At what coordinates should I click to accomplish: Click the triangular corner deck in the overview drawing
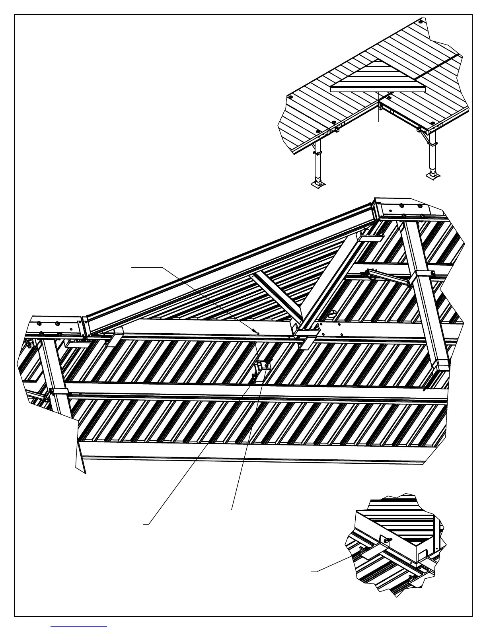click(x=378, y=78)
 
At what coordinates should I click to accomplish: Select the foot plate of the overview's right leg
click(x=432, y=175)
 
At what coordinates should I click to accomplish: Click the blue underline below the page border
click(x=79, y=626)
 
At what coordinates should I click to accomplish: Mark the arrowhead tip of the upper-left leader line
click(x=257, y=332)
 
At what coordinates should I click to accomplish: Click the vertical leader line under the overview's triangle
click(x=378, y=107)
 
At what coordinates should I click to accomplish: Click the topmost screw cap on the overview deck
click(x=422, y=21)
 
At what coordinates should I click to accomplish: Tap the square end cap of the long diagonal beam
click(x=440, y=364)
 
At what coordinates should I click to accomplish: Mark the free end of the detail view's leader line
click(x=312, y=572)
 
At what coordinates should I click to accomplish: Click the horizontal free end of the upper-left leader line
click(x=132, y=268)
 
